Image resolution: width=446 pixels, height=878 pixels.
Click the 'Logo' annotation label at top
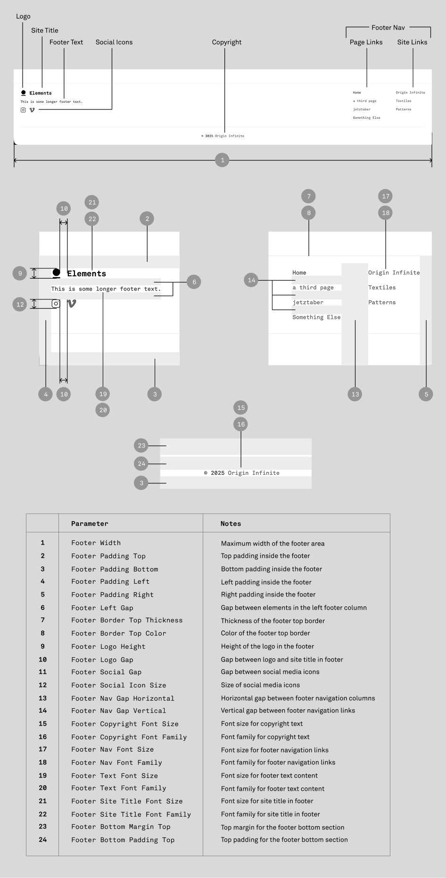click(x=23, y=17)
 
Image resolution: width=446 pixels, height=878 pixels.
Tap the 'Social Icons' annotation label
click(x=114, y=42)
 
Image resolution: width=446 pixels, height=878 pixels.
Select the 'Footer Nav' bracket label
click(x=388, y=28)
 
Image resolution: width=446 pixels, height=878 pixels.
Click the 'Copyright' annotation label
click(x=227, y=42)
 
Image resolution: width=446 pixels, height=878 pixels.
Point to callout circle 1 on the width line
click(x=222, y=160)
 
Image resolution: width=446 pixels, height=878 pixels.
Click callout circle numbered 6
click(x=194, y=282)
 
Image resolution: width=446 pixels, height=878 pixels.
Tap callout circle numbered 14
click(x=251, y=280)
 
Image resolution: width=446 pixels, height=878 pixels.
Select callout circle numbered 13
click(x=355, y=394)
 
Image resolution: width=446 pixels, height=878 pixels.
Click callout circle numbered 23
click(x=141, y=446)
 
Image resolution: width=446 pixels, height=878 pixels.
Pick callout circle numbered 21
click(x=92, y=202)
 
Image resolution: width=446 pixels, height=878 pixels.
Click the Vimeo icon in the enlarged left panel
click(x=72, y=304)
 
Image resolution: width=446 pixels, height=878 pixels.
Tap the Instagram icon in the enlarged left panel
click(x=56, y=304)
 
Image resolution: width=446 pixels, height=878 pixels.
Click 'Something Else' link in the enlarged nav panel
click(x=316, y=317)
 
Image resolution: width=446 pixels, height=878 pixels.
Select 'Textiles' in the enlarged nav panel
click(x=382, y=288)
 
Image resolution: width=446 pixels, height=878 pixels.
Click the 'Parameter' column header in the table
click(x=90, y=524)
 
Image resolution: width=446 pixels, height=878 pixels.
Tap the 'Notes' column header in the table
click(x=231, y=524)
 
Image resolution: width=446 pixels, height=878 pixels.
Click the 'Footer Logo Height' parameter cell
click(x=108, y=647)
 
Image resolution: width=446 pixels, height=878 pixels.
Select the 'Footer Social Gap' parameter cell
click(x=106, y=672)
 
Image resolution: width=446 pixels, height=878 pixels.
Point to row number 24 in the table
click(x=43, y=840)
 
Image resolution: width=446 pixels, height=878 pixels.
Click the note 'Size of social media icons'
click(x=260, y=685)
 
